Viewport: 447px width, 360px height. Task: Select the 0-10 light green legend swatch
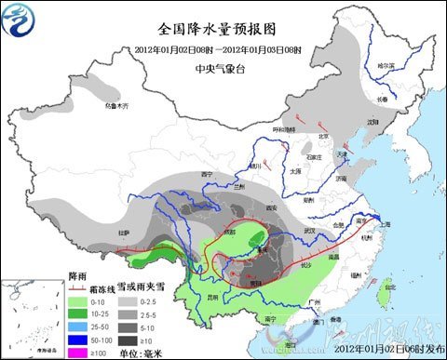pos(82,302)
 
